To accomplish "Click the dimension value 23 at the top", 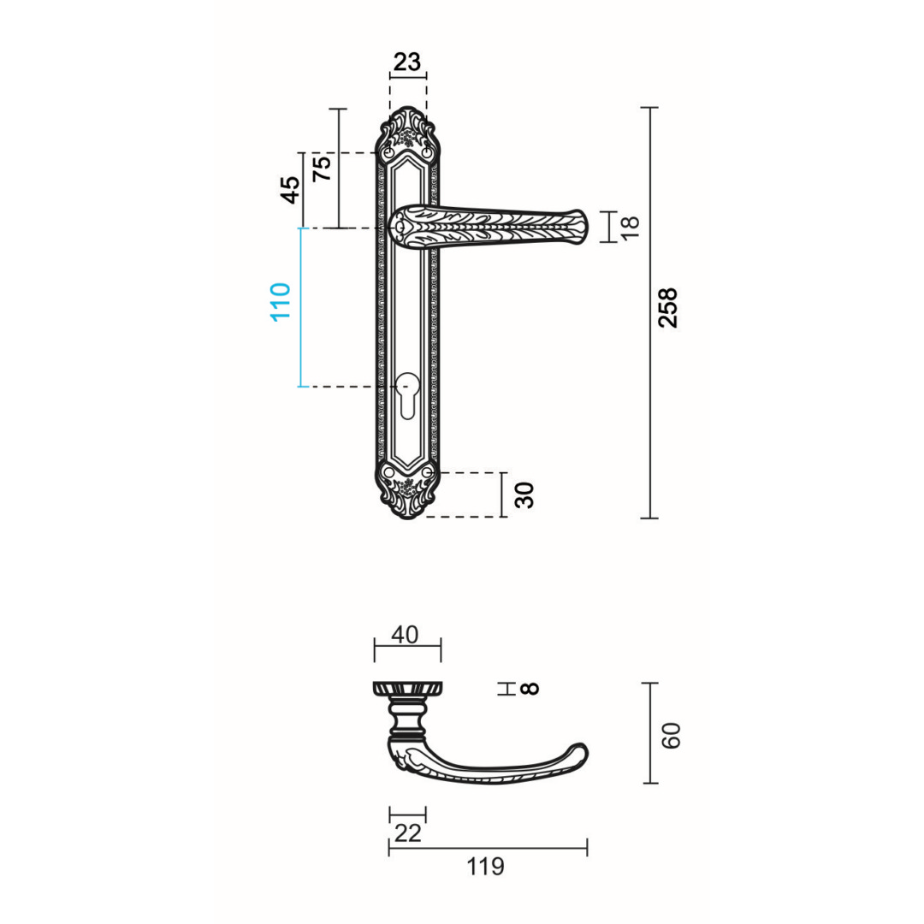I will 407,62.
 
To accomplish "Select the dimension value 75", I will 322,168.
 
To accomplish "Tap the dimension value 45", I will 291,189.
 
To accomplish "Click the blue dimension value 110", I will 281,301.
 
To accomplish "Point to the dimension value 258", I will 668,307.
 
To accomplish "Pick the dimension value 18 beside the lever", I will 630,227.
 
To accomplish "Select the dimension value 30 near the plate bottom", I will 525,495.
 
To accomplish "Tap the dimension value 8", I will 530,688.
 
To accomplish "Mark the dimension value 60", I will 672,735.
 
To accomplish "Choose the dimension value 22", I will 407,832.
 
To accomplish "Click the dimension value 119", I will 486,867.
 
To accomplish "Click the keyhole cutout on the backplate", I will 407,396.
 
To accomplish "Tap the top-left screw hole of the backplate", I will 389,152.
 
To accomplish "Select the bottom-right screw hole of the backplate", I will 426,471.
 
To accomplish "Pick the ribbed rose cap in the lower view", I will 408,689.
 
